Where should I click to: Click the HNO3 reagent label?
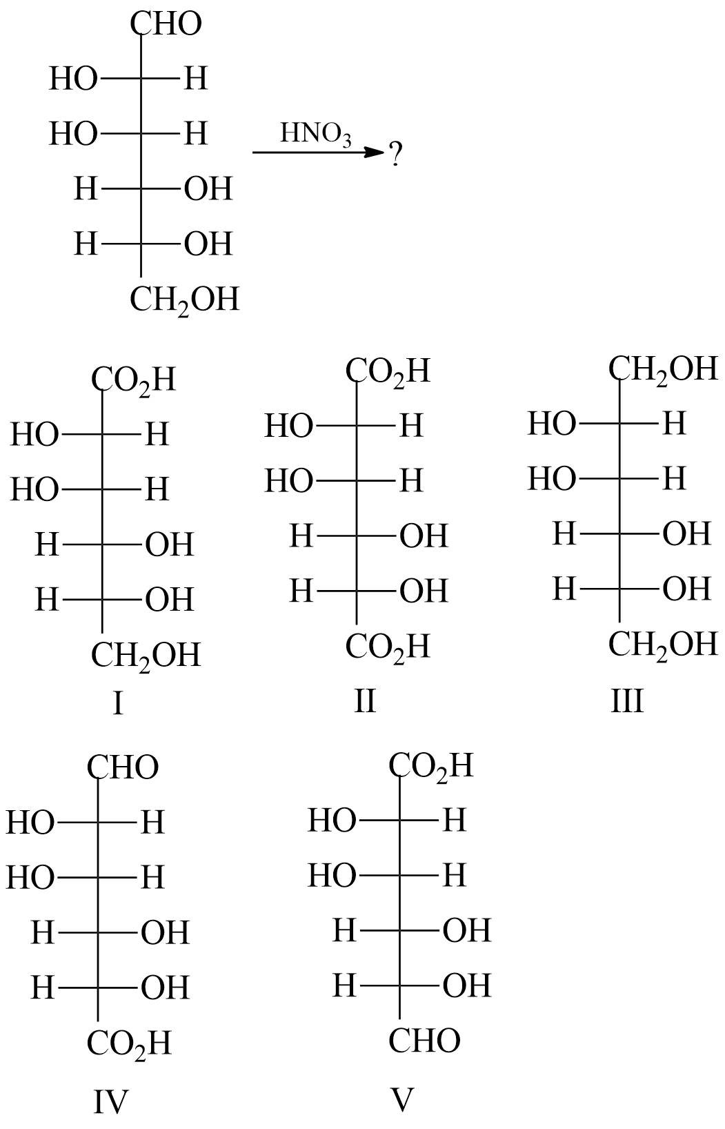pyautogui.click(x=316, y=134)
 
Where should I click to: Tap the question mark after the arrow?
pyautogui.click(x=395, y=155)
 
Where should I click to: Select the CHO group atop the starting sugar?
pyautogui.click(x=166, y=24)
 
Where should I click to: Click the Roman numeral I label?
pyautogui.click(x=118, y=704)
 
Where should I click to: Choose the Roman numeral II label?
pyautogui.click(x=365, y=701)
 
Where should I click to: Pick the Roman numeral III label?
pyautogui.click(x=626, y=702)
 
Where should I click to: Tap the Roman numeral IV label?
pyautogui.click(x=111, y=1102)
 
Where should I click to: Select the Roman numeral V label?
pyautogui.click(x=401, y=1099)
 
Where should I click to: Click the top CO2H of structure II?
pyautogui.click(x=388, y=371)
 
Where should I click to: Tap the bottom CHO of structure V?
pyautogui.click(x=424, y=1041)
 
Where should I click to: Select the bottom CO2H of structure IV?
pyautogui.click(x=129, y=1043)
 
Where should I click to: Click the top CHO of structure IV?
pyautogui.click(x=123, y=767)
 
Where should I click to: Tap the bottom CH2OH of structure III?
pyautogui.click(x=663, y=645)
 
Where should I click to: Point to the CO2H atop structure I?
pyautogui.click(x=134, y=380)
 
